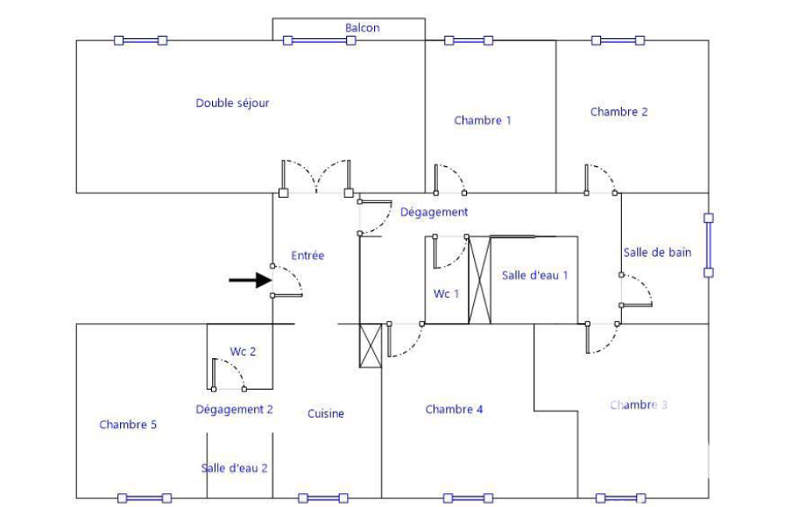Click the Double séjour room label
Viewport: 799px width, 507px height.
[232, 103]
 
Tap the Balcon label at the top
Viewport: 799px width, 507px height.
[362, 28]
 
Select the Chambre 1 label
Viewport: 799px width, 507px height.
[483, 120]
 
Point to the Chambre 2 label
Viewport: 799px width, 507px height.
[619, 112]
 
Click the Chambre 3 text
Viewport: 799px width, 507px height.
[638, 405]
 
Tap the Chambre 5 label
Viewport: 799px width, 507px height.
[128, 424]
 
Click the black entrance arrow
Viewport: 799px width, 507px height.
[249, 281]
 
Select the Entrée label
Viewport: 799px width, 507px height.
[307, 255]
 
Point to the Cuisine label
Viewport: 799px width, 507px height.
[326, 414]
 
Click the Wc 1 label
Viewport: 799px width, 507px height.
[447, 293]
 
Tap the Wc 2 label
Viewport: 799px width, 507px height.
[243, 352]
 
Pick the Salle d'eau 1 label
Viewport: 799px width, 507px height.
[535, 275]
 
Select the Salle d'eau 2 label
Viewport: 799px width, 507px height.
[235, 468]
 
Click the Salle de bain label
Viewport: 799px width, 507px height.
[657, 252]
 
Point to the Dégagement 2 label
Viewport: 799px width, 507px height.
[234, 409]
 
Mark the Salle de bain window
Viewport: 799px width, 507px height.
[708, 246]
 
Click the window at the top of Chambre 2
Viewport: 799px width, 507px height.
[618, 41]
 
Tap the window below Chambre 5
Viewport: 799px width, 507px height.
[143, 498]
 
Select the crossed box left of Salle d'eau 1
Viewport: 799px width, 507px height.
[479, 279]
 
